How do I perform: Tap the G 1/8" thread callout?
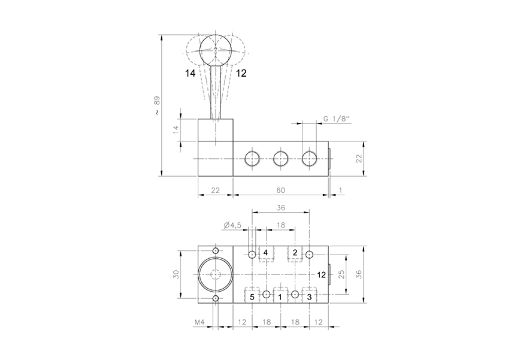[x=337, y=119]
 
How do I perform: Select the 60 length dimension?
[x=280, y=190]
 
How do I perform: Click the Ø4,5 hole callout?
[x=232, y=225]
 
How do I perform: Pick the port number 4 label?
[x=265, y=253]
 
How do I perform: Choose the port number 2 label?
[x=295, y=253]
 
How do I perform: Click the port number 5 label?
[x=252, y=297]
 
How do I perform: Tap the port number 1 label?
[x=280, y=297]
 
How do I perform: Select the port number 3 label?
[x=309, y=297]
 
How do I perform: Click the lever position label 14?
[x=191, y=73]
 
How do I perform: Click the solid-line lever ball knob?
[x=215, y=49]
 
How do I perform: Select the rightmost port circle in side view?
[x=309, y=158]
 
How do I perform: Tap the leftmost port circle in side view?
[x=252, y=158]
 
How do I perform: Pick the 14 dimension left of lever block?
[x=176, y=129]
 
